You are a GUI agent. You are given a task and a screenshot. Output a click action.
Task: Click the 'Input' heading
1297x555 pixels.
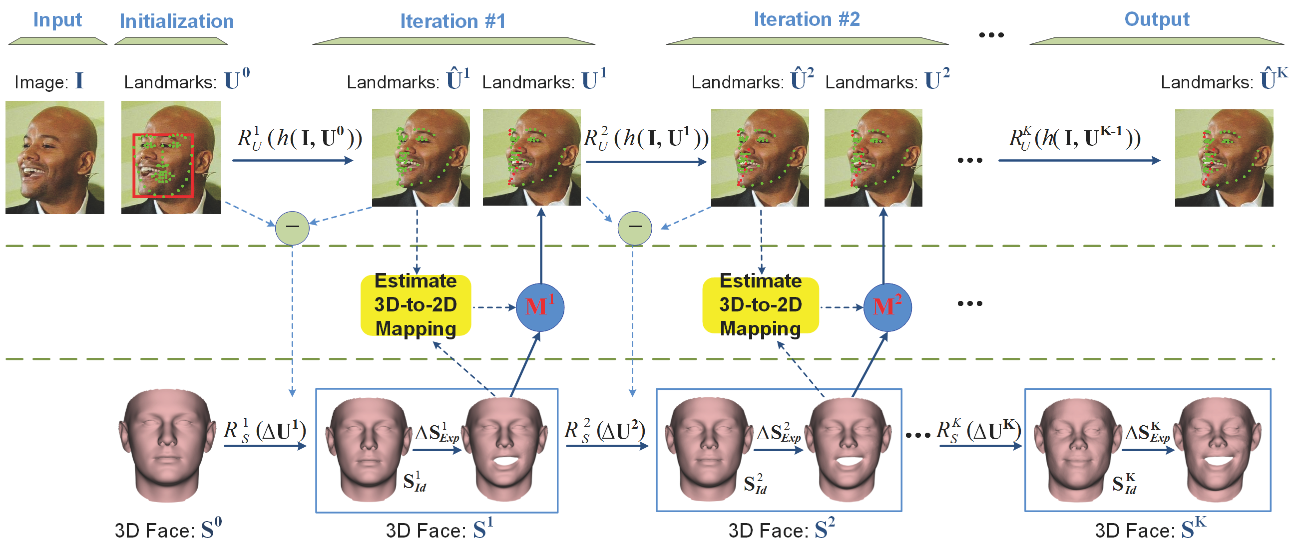click(57, 20)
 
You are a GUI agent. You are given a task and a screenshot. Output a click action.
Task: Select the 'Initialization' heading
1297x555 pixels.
click(177, 21)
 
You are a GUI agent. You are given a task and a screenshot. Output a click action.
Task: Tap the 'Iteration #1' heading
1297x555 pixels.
click(452, 21)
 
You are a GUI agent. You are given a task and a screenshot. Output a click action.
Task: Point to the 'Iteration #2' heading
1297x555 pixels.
click(807, 19)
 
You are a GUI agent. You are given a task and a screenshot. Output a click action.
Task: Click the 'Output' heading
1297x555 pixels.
click(1157, 19)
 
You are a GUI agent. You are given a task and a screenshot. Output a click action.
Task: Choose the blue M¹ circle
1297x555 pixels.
click(540, 307)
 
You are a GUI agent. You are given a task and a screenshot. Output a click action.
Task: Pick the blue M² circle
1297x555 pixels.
click(887, 307)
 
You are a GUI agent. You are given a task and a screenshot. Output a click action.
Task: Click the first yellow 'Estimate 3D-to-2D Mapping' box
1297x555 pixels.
click(416, 305)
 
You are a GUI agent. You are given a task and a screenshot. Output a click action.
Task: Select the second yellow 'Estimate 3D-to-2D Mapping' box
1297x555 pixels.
click(760, 305)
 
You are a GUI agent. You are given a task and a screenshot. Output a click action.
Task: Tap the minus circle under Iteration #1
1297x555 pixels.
click(292, 228)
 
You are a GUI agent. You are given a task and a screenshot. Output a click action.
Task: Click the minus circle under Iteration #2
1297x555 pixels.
click(634, 228)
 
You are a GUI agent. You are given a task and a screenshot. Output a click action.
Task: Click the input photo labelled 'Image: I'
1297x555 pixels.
click(55, 158)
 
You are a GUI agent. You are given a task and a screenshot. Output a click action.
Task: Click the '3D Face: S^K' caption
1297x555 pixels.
click(1150, 531)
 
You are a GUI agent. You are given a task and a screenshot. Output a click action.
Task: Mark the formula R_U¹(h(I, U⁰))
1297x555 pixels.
click(300, 138)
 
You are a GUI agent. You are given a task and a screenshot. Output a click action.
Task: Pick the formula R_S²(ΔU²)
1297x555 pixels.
click(604, 431)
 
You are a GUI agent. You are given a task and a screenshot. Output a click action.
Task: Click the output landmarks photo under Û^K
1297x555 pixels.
click(1224, 158)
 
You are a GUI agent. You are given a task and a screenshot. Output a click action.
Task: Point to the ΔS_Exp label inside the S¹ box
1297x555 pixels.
click(436, 433)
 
